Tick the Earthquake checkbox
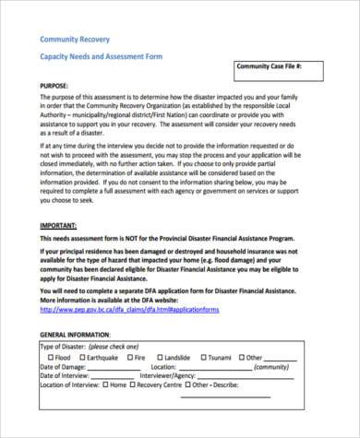[83, 356]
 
